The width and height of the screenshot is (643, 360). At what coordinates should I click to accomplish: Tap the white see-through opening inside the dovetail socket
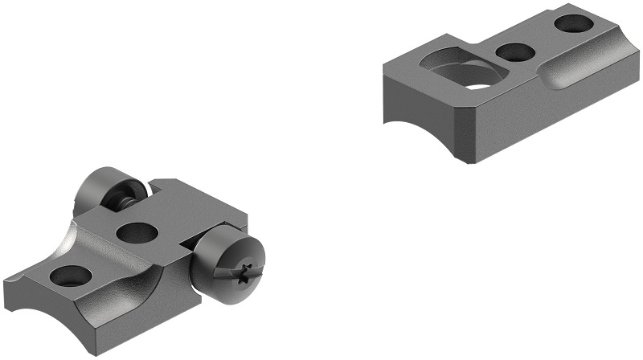click(x=479, y=83)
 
